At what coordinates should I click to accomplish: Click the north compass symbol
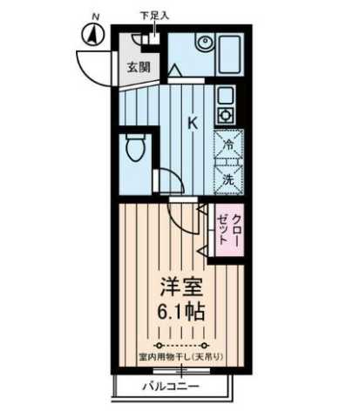point(93,36)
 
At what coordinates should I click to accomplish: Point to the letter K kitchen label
point(194,122)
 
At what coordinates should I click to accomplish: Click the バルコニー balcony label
point(172,386)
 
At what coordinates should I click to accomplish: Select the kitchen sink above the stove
point(223,95)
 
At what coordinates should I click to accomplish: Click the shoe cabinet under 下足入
point(145,38)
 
